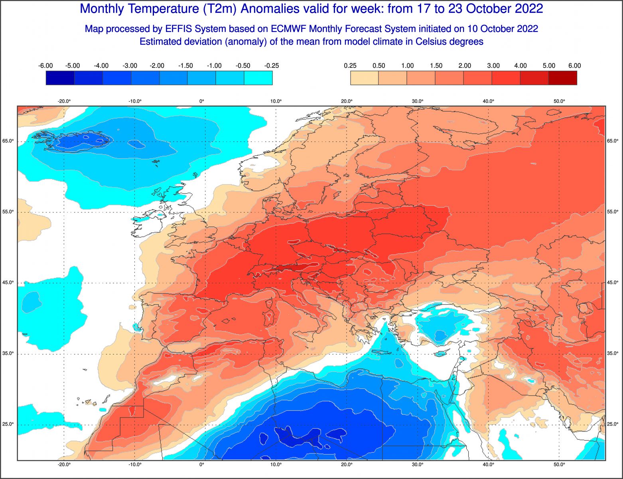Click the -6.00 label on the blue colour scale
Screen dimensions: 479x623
(x=45, y=66)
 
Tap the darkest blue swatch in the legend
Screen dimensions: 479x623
(x=60, y=78)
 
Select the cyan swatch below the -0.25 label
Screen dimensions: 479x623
(x=258, y=78)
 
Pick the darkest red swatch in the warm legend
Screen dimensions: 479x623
(x=562, y=78)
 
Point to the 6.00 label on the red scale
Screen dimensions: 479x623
(x=574, y=66)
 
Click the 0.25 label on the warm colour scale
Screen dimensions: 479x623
(x=350, y=66)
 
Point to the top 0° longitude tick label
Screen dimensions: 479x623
(x=202, y=101)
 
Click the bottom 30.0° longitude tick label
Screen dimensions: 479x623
(x=418, y=464)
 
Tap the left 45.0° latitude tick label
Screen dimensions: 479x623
(x=9, y=283)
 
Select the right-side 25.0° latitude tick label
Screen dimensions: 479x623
(x=612, y=424)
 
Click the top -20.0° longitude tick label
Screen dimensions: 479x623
(x=64, y=101)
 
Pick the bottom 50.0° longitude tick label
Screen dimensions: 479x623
(x=559, y=464)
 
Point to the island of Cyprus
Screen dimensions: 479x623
(x=440, y=353)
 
